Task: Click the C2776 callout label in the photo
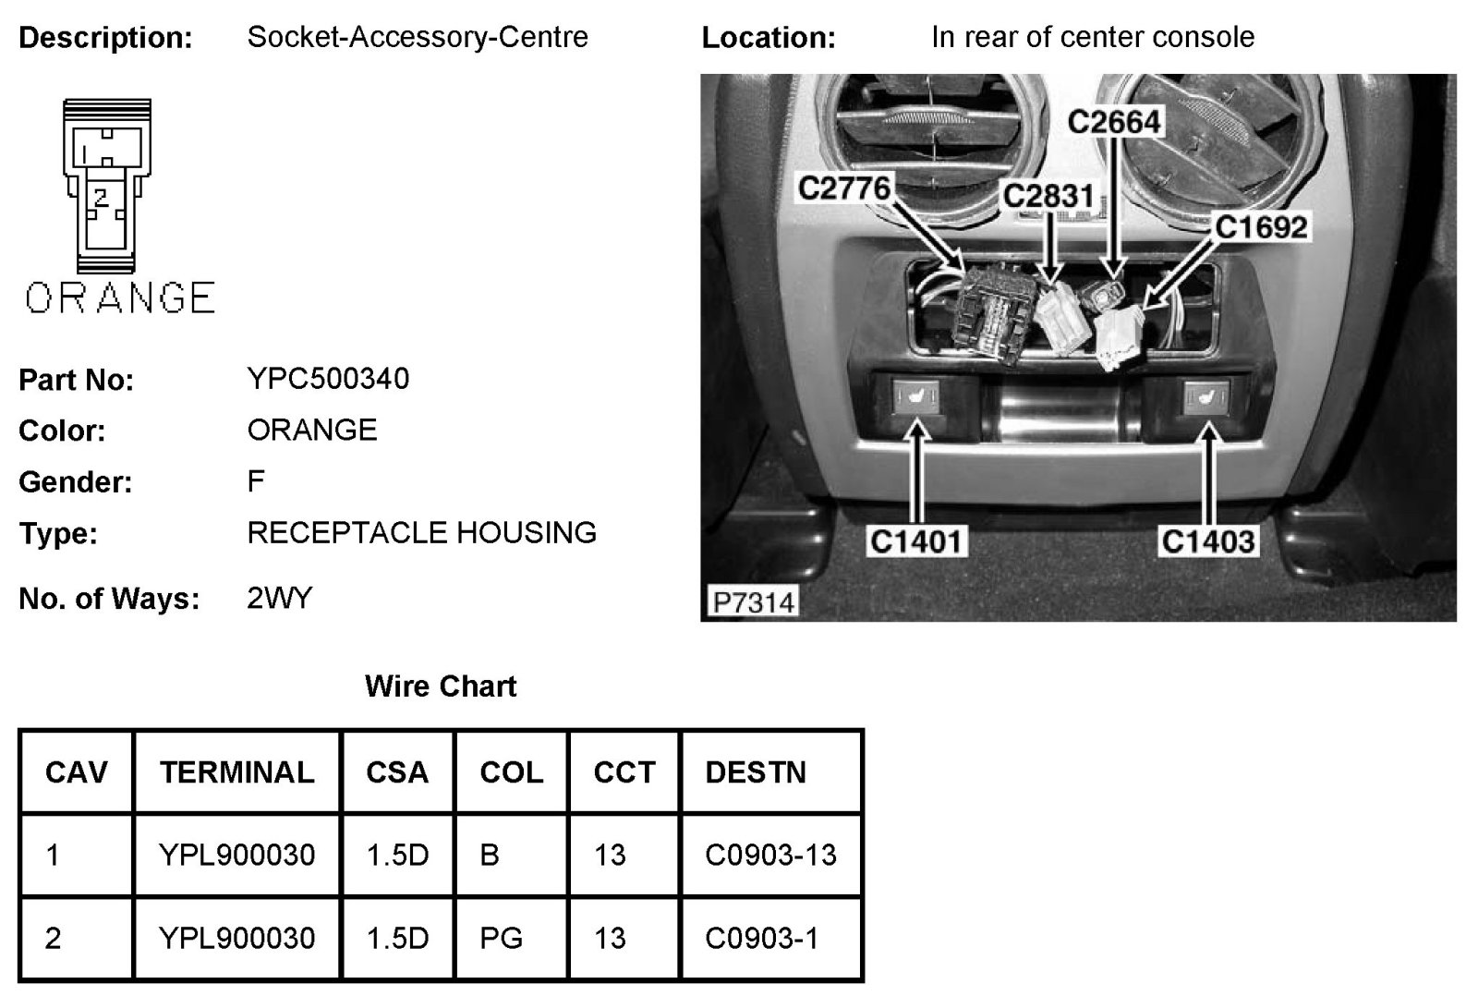point(843,188)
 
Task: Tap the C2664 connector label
point(1114,122)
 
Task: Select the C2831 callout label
point(1048,196)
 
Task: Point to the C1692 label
point(1261,227)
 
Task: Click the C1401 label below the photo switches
point(917,541)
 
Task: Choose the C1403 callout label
point(1208,541)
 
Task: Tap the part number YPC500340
point(328,379)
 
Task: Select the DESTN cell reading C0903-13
point(770,856)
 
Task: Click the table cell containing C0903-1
point(761,939)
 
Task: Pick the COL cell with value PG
point(501,939)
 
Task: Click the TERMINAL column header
point(236,772)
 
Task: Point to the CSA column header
point(397,772)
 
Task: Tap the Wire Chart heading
point(441,686)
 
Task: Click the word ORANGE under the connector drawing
point(120,298)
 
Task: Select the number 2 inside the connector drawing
point(101,196)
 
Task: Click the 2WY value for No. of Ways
point(280,599)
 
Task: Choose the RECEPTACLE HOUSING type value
point(421,533)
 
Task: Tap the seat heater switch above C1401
point(916,398)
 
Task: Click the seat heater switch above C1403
point(1207,398)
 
